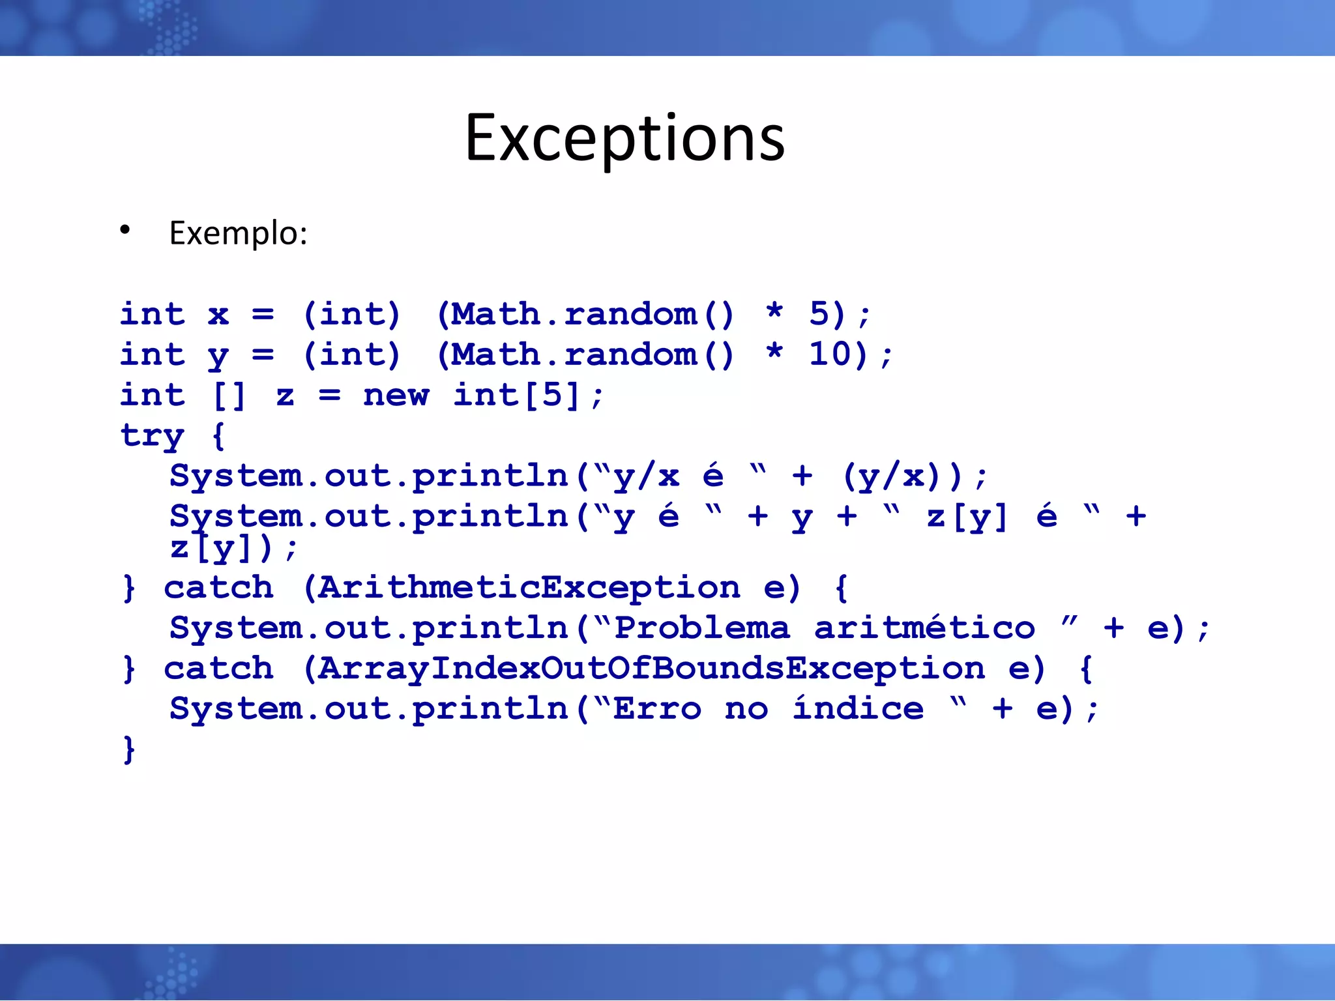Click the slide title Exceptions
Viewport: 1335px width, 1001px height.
624,138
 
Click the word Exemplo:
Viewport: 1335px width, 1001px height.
238,233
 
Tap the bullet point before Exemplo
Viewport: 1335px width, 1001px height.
125,230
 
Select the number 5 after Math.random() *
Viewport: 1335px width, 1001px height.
819,314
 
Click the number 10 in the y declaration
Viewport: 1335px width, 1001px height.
830,355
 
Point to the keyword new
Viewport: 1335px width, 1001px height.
396,395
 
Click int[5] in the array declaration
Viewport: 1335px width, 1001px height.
516,395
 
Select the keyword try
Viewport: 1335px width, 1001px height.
152,435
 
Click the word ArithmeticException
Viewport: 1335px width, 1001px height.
529,588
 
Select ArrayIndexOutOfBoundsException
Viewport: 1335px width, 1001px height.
651,669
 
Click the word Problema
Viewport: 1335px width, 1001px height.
702,628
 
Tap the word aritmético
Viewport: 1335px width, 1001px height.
924,628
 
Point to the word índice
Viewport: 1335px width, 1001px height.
858,708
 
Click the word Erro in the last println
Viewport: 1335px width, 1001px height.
657,709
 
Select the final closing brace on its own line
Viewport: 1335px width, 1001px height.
129,749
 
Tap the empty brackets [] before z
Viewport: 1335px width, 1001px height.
229,396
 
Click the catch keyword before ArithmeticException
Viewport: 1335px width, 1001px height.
218,588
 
